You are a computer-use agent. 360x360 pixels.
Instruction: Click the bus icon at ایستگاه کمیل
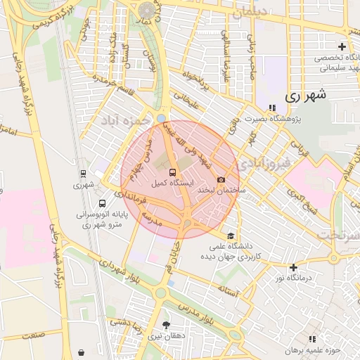(x=172, y=171)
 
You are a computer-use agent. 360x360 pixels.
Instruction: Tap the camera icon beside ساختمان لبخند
(x=221, y=180)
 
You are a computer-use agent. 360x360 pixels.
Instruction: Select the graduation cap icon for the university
(x=230, y=236)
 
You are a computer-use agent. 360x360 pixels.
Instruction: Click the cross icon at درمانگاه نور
(x=293, y=267)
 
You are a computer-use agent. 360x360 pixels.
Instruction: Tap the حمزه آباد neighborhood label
(x=127, y=116)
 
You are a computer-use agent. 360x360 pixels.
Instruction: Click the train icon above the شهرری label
(x=84, y=174)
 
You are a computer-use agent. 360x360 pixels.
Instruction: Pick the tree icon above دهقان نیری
(x=166, y=325)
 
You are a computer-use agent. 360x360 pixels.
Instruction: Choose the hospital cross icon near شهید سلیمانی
(x=341, y=46)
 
